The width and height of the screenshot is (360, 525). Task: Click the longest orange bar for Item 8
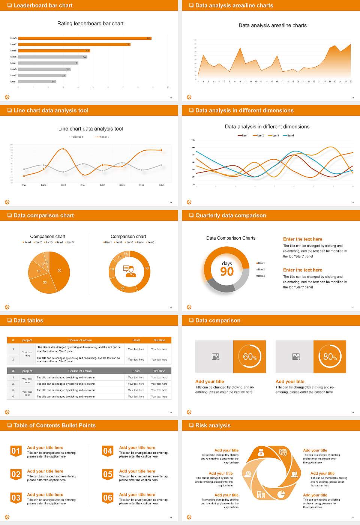pos(84,38)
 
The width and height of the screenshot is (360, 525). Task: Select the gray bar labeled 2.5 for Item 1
pos(37,81)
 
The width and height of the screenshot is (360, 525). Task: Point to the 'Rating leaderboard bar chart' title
pos(90,23)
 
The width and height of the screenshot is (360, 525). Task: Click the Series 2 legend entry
pos(102,137)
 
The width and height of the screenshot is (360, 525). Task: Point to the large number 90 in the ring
pos(227,271)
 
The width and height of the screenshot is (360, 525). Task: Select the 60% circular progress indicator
pos(250,357)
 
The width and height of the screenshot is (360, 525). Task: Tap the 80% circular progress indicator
pos(330,357)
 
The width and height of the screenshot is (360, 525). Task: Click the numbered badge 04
pos(108,451)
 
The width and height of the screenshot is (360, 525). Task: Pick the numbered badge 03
pos(16,498)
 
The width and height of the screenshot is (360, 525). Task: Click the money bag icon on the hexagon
pos(261,453)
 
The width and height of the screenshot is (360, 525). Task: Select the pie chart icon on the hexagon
pos(281,495)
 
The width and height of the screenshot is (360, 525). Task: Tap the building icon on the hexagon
pos(261,495)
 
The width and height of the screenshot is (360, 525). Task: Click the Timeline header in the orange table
pos(159,340)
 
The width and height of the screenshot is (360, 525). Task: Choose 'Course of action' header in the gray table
pos(80,371)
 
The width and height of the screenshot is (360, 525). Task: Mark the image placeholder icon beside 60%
pos(215,357)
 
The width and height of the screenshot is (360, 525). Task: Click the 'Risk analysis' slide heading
pos(213,425)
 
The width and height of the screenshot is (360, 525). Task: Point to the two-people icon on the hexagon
pos(294,474)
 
